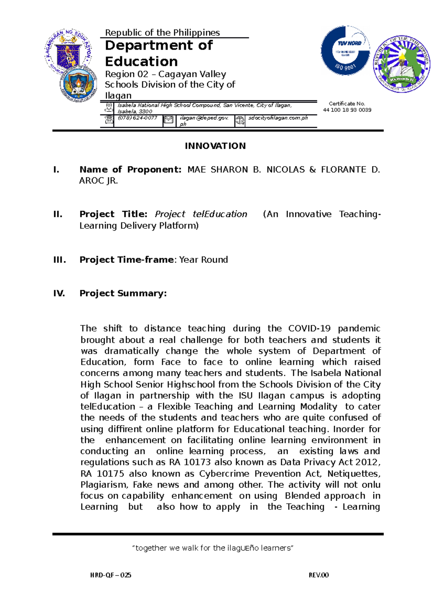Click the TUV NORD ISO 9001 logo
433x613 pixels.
345,50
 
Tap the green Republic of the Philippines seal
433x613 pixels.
402,64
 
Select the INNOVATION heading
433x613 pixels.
215,146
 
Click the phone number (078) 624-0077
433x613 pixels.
137,118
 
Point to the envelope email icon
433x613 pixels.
169,120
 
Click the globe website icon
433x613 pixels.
240,121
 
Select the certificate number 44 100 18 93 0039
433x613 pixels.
347,110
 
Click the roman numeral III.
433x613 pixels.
59,260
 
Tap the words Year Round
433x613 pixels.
204,260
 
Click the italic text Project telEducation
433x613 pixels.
201,214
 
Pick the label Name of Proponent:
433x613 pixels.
130,169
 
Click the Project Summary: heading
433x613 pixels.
123,293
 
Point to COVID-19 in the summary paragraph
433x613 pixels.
309,329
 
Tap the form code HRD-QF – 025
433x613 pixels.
111,575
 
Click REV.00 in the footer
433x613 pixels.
319,575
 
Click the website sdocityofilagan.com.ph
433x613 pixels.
278,118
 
